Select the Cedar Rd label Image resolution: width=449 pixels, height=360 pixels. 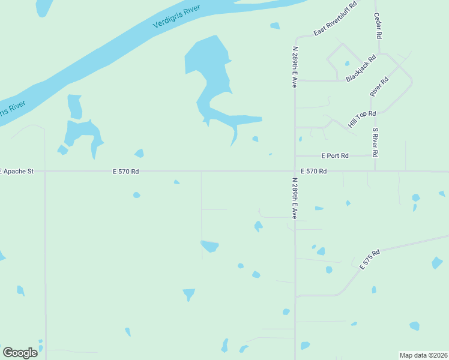pyautogui.click(x=378, y=26)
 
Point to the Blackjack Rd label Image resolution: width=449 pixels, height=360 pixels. pyautogui.click(x=361, y=68)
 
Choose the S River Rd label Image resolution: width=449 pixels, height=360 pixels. pyautogui.click(x=375, y=142)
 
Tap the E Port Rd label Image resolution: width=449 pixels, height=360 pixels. pyautogui.click(x=335, y=156)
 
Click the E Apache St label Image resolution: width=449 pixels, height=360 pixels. pyautogui.click(x=17, y=172)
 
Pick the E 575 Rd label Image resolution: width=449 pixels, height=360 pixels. pyautogui.click(x=370, y=259)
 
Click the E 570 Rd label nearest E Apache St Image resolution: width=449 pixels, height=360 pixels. pyautogui.click(x=126, y=172)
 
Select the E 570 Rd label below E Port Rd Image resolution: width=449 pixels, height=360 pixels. pyautogui.click(x=314, y=172)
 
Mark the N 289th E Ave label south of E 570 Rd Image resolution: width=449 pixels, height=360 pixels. pyautogui.click(x=295, y=197)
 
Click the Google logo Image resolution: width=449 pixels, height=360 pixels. pyautogui.click(x=20, y=352)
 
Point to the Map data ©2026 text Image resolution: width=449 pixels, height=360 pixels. pyautogui.click(x=423, y=355)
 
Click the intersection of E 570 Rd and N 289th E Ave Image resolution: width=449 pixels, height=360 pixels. pyautogui.click(x=295, y=171)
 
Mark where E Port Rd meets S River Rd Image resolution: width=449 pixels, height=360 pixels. pyautogui.click(x=376, y=156)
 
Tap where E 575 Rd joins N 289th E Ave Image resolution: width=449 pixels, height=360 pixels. pyautogui.click(x=295, y=296)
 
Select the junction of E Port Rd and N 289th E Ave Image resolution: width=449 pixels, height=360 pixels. pyautogui.click(x=295, y=156)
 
